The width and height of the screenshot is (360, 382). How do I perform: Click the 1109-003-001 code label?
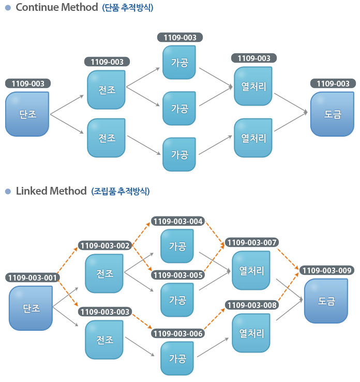pos(32,277)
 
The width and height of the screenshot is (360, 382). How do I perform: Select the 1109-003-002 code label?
pos(104,245)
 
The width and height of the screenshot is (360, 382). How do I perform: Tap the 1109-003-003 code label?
pos(104,312)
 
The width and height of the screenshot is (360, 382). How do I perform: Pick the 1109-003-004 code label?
pos(177,221)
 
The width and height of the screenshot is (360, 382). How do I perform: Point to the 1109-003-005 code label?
pos(177,275)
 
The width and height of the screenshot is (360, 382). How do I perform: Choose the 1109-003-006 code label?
pos(177,333)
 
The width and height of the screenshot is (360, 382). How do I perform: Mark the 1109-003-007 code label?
pos(252,242)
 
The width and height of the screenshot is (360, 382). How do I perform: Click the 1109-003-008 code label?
pos(252,305)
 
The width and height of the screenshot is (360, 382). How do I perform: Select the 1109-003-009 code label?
pos(327,270)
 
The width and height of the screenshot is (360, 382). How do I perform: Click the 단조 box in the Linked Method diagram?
pos(31,308)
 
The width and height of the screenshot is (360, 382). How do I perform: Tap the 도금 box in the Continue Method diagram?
pos(333,114)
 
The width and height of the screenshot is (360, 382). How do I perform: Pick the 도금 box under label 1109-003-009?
pos(326,300)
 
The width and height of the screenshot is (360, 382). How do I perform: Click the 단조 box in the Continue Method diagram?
pos(27,114)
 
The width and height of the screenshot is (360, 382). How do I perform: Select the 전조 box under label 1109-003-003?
pos(105,340)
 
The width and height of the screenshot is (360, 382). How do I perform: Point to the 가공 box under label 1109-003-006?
pos(178,358)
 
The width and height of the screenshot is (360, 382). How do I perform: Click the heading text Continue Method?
pos(57,8)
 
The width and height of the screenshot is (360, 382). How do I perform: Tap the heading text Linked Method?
pos(51,191)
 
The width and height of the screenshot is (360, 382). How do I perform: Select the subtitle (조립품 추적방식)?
pos(121,192)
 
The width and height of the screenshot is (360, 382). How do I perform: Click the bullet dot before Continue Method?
pos(7,8)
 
